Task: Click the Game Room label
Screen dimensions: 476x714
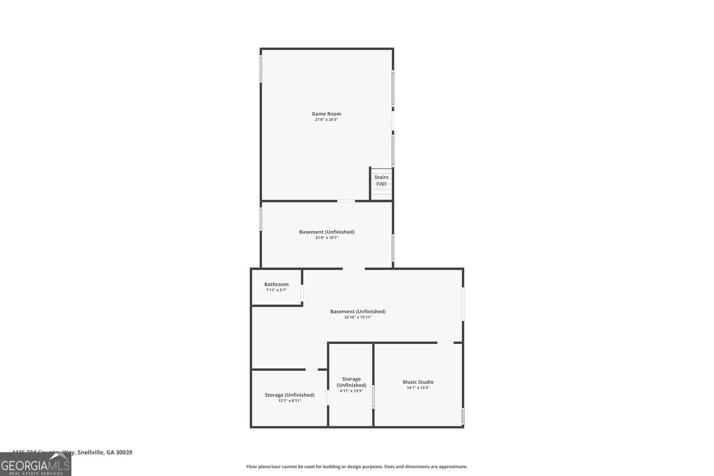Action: (x=326, y=114)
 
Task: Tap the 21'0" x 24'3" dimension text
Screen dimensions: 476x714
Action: (x=326, y=120)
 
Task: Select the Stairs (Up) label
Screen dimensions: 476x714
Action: (x=381, y=180)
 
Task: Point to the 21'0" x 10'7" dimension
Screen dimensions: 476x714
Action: (x=327, y=238)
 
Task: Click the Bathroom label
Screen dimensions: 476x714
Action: (x=276, y=284)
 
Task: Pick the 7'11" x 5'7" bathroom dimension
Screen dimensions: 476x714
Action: (x=276, y=290)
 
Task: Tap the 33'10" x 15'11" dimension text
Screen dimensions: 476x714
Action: (x=357, y=317)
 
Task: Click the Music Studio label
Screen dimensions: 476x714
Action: (x=418, y=382)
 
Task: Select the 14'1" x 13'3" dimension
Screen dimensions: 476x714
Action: (x=418, y=388)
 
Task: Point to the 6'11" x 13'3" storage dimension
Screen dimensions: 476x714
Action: (x=351, y=391)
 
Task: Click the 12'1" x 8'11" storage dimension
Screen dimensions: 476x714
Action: (x=290, y=401)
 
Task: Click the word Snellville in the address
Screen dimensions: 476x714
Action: (x=91, y=452)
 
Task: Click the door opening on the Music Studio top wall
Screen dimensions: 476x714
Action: (x=445, y=343)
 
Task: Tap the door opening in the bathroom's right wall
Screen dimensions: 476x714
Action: (x=302, y=293)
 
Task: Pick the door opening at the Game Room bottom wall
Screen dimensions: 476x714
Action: (x=346, y=201)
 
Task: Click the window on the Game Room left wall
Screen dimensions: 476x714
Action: (x=261, y=69)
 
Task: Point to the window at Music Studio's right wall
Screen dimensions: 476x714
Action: (x=463, y=416)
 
